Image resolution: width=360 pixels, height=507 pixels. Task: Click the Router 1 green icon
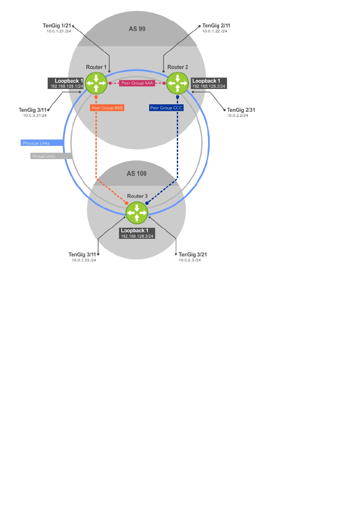(96, 83)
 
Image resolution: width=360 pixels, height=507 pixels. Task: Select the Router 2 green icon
(178, 83)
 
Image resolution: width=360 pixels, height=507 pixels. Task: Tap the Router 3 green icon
(137, 213)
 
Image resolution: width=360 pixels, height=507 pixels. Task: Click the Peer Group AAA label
(137, 83)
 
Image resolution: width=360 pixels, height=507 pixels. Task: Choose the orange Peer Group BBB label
(108, 107)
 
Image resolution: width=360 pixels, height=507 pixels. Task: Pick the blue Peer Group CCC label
(167, 107)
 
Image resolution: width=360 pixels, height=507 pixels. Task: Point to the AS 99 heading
(137, 29)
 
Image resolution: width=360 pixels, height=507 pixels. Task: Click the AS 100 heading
(137, 173)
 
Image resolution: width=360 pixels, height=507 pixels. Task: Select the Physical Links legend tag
(37, 143)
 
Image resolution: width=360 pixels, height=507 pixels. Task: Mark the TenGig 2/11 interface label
(216, 26)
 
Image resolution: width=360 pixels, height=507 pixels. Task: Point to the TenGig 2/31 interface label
(240, 110)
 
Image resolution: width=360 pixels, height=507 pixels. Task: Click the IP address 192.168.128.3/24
(137, 236)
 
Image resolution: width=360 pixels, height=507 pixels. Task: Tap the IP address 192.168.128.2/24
(208, 86)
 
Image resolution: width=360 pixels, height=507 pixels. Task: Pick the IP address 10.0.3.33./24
(83, 260)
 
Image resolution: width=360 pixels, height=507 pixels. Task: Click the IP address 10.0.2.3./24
(190, 260)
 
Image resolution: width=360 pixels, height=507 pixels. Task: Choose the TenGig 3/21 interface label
(192, 254)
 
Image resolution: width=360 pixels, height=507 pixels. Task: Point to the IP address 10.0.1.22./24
(215, 31)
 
